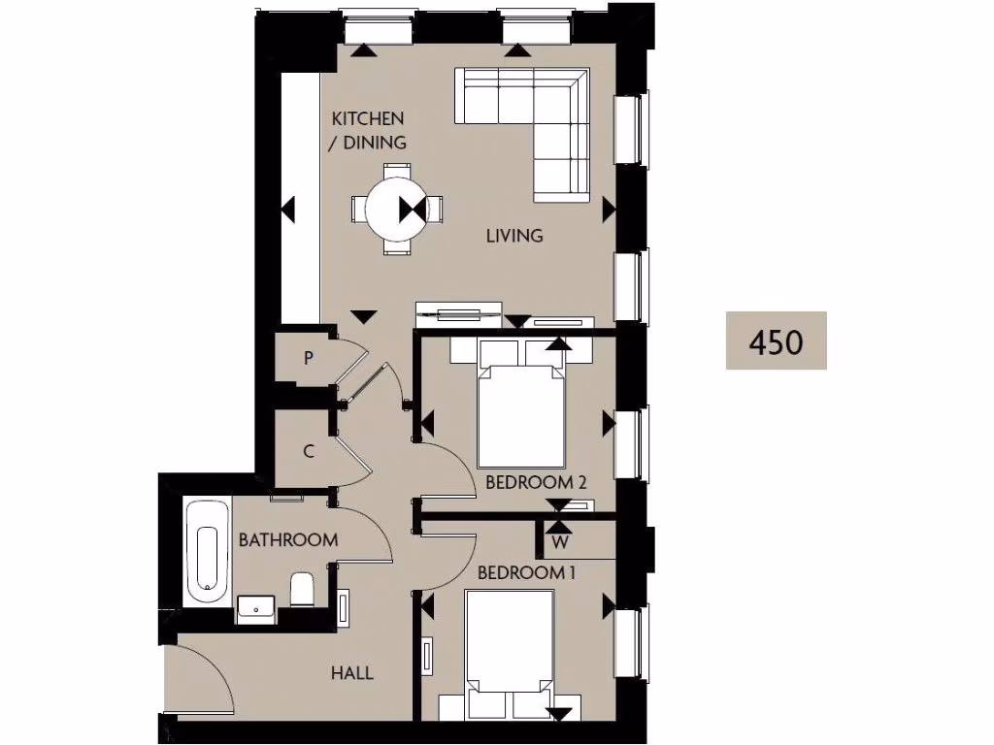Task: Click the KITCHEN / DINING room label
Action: [x=368, y=130]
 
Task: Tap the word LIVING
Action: [x=515, y=235]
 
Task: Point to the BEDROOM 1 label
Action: [x=527, y=572]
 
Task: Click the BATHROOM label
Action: [x=288, y=539]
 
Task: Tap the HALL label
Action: [x=351, y=673]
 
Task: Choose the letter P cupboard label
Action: [x=308, y=358]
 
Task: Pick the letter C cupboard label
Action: [x=308, y=450]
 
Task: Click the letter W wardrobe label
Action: [x=560, y=540]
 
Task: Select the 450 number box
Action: [x=777, y=340]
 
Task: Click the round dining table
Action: [x=394, y=209]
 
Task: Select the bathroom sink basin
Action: [x=256, y=609]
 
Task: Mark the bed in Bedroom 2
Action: [x=522, y=412]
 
